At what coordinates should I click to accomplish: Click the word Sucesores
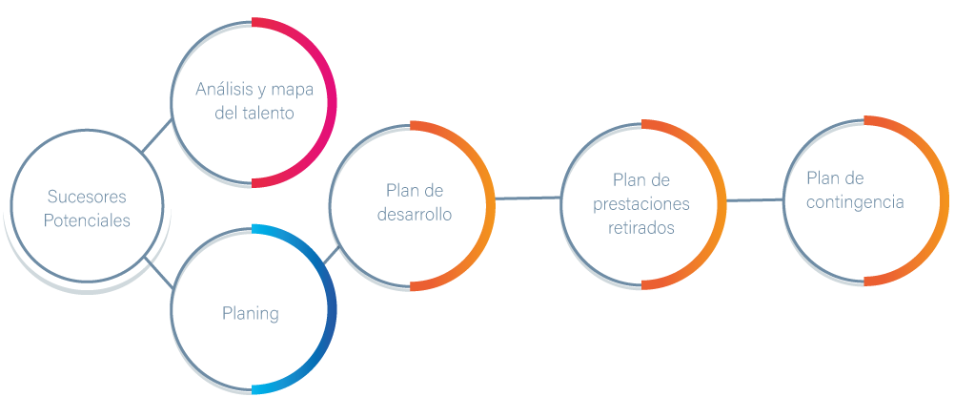(x=88, y=197)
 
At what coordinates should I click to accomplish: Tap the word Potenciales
(x=88, y=219)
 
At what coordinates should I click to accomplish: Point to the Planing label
(x=251, y=312)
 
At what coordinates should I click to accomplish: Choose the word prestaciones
(x=640, y=204)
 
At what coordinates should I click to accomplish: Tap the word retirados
(x=640, y=228)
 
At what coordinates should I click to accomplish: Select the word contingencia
(x=854, y=202)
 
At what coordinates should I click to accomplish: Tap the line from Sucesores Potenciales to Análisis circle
(x=158, y=136)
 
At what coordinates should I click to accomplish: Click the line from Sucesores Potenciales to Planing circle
(x=157, y=271)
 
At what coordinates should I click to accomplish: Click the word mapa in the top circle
(x=293, y=90)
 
